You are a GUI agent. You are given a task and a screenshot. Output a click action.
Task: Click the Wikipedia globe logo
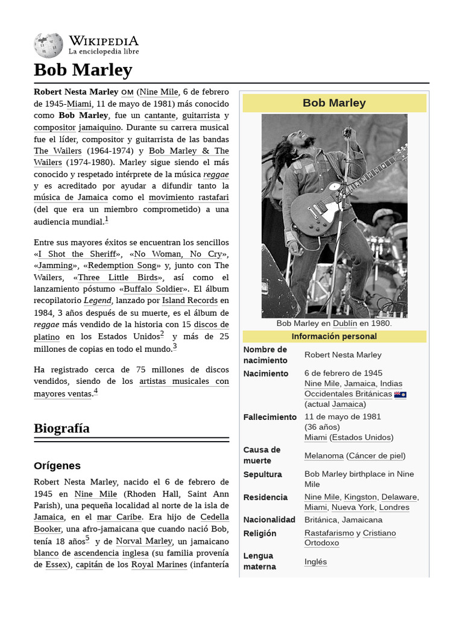(48, 45)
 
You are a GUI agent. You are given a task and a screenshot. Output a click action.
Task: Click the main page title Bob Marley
(83, 70)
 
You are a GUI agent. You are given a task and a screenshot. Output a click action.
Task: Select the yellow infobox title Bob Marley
(334, 103)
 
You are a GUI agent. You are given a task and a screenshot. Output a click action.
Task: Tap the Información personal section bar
(334, 336)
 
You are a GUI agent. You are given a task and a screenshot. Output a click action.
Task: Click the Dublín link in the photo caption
(345, 324)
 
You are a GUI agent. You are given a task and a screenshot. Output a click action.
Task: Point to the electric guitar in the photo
(338, 193)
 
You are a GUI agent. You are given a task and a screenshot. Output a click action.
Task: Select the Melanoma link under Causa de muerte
(324, 456)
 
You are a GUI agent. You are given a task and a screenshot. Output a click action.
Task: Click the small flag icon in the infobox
(400, 395)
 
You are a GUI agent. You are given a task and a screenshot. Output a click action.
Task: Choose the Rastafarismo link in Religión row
(329, 533)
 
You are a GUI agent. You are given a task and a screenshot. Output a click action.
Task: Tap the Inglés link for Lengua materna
(315, 562)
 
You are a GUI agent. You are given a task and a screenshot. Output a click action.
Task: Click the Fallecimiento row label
(270, 417)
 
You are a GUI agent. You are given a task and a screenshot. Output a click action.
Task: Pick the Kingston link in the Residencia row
(361, 497)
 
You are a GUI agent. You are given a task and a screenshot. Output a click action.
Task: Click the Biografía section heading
(61, 428)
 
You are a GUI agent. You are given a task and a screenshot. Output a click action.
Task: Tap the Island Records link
(190, 301)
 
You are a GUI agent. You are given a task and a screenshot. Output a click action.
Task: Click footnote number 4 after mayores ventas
(95, 391)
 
